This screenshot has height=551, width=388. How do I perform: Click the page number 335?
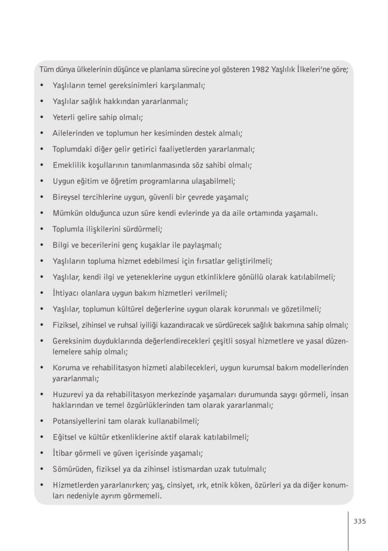[x=360, y=521]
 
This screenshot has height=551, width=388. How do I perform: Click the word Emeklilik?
[x=69, y=165]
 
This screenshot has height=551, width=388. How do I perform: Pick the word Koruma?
[x=66, y=368]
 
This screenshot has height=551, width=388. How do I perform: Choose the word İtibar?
[x=62, y=453]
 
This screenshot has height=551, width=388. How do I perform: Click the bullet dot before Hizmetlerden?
[x=42, y=485]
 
